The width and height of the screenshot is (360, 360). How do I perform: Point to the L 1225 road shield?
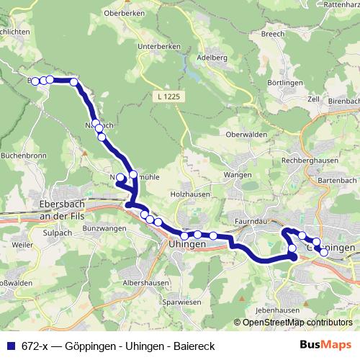166,95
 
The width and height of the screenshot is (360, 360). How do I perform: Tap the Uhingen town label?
186,245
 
